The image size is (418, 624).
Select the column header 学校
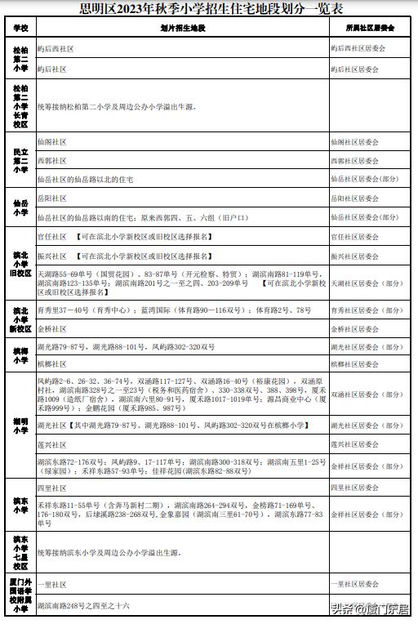(20, 29)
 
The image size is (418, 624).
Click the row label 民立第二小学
(20, 160)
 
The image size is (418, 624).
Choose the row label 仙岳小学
(20, 208)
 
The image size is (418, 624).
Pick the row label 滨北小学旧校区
(20, 264)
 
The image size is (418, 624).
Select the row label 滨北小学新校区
(20, 319)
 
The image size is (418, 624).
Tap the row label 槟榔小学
(20, 354)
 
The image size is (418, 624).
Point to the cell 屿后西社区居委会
(358, 48)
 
